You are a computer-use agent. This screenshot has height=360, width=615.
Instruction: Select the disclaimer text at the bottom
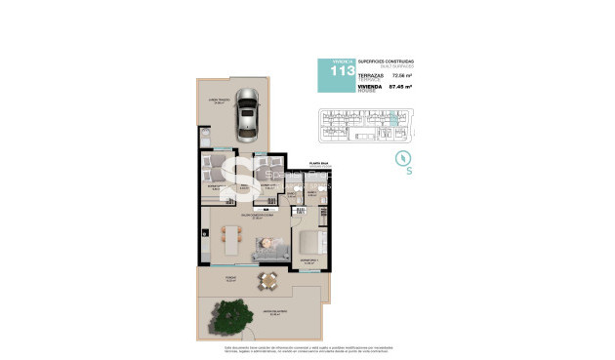tap(307, 347)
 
